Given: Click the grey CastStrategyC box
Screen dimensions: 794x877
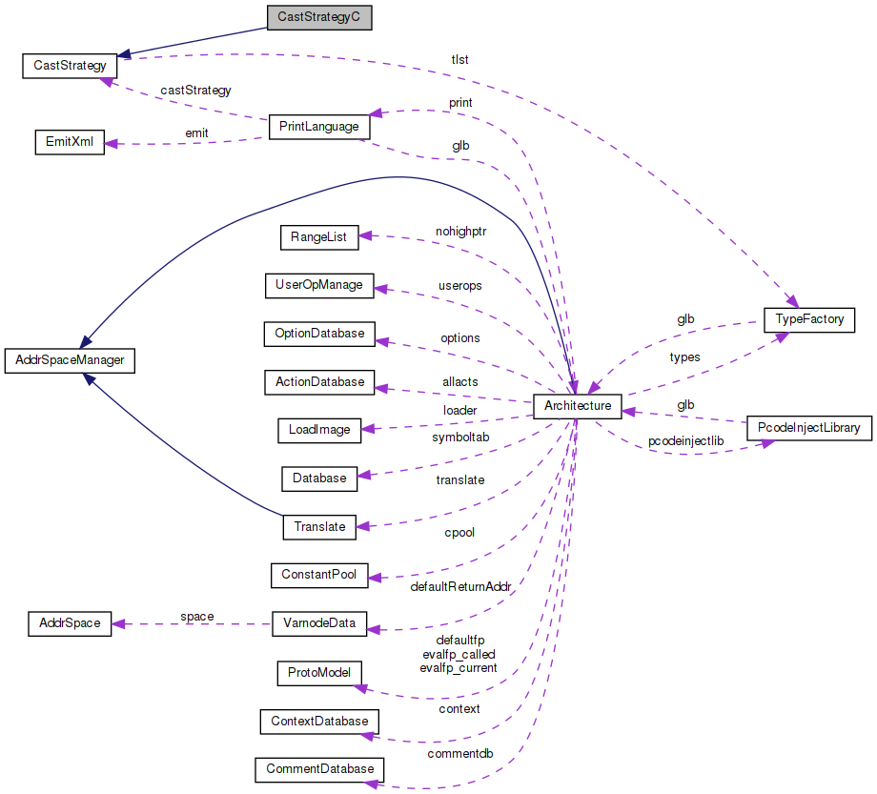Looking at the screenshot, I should pos(318,17).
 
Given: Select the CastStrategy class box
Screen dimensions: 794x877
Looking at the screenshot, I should pos(70,66).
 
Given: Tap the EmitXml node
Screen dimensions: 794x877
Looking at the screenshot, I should pos(69,142).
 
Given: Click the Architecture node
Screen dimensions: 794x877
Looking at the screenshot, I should pos(578,406).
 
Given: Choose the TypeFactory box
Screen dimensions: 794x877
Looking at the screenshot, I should pos(809,319).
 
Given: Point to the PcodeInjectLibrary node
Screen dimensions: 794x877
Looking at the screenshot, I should pos(808,428).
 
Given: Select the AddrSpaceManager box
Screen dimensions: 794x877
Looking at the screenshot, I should pos(70,360).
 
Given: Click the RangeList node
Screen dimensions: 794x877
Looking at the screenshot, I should pos(319,236).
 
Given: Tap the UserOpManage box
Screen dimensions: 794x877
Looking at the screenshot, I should pos(318,285).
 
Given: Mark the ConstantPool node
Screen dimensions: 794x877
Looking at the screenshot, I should pos(319,575).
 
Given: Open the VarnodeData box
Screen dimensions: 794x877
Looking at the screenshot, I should pos(319,623).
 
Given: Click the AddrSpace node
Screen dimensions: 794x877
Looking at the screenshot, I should pos(70,623).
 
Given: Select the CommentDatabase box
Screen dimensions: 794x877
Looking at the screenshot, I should pos(319,768).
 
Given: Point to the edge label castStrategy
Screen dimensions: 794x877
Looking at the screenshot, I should pos(195,91).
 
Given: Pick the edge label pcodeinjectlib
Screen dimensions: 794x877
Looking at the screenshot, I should pos(685,442).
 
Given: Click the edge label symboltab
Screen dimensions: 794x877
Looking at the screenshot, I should pos(460,437).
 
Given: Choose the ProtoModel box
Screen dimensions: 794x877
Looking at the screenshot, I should pos(319,672).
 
